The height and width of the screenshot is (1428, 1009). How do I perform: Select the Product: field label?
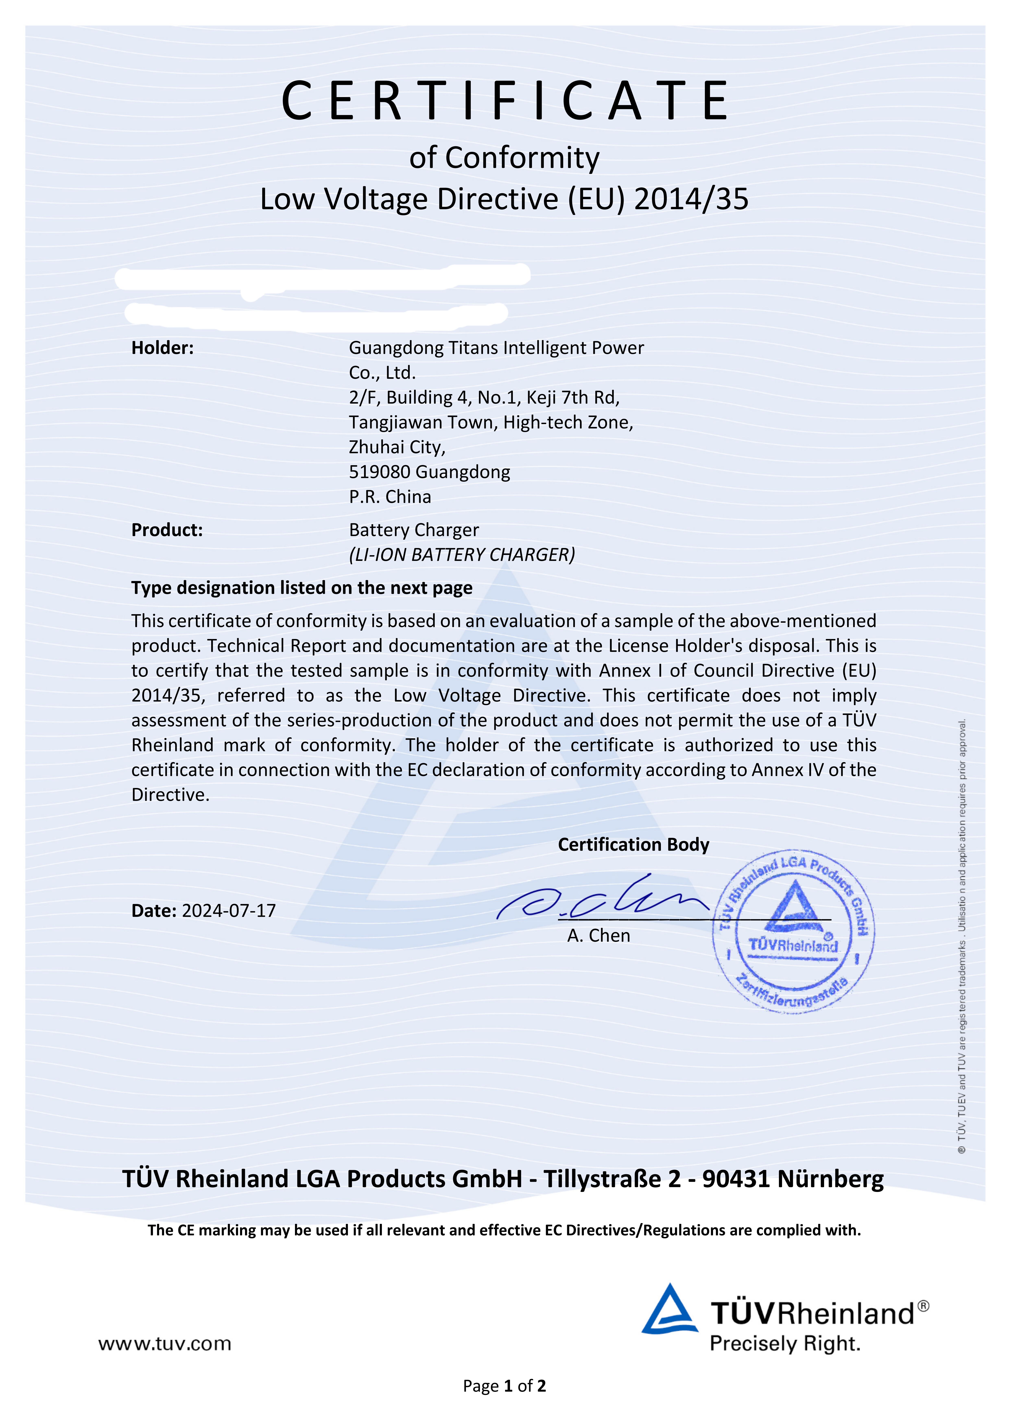point(167,530)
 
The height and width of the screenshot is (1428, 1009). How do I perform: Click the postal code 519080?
point(380,472)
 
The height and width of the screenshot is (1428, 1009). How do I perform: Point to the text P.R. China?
point(390,497)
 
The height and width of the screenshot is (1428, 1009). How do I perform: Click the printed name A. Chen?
point(598,936)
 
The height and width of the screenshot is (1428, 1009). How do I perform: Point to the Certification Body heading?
point(633,845)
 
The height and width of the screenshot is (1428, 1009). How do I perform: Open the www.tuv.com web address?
point(165,1344)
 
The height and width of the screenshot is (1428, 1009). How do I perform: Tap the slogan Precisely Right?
point(785,1344)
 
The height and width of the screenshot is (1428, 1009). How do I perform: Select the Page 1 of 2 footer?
point(504,1386)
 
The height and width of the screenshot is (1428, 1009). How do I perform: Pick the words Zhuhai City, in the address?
point(397,447)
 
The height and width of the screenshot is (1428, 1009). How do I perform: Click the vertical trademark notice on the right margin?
point(962,933)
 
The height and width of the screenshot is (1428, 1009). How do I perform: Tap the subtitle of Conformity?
point(504,158)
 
